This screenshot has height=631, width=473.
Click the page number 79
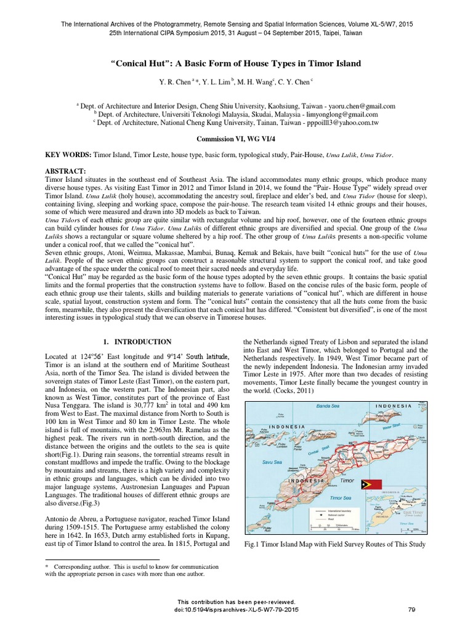[412, 609]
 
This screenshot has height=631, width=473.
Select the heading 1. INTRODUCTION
[137, 341]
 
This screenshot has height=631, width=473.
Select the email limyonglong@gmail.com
[339, 114]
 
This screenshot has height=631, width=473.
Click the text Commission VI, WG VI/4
[236, 139]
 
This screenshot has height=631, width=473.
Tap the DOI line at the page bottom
[236, 609]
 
